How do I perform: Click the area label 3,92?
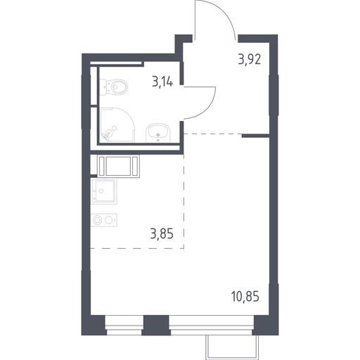[x=250, y=60]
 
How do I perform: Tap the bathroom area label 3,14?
[x=162, y=82]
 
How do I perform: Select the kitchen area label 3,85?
[x=162, y=233]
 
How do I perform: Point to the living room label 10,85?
[x=245, y=296]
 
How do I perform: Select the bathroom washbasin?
[x=158, y=133]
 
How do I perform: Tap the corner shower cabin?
[x=117, y=124]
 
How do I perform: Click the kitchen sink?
[x=104, y=191]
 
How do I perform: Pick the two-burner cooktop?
[x=104, y=220]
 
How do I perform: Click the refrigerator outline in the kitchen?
[x=118, y=166]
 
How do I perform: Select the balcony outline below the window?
[x=232, y=347]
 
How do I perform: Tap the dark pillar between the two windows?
[x=156, y=325]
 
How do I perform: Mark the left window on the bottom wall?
[x=124, y=325]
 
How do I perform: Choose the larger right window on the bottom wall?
[x=212, y=325]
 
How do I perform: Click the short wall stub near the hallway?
[x=255, y=136]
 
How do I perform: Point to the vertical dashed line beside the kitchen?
[x=184, y=201]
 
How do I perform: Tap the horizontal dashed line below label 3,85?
[x=137, y=248]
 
